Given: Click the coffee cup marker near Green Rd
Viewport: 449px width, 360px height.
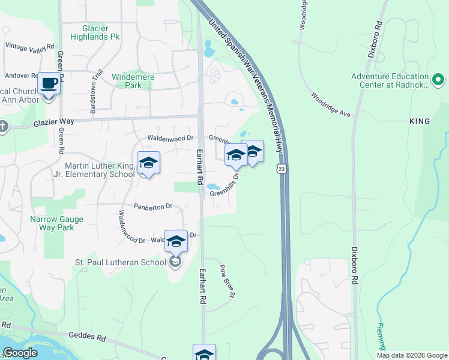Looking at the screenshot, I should (x=49, y=83).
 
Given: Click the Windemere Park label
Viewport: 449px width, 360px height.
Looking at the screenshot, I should (x=133, y=81).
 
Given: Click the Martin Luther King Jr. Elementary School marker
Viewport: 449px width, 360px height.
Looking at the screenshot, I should (x=148, y=163).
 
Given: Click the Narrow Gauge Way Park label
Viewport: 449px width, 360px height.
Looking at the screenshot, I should (x=57, y=223).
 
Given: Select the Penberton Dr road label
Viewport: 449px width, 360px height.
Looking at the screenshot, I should (x=152, y=206).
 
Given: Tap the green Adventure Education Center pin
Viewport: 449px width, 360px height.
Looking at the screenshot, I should (x=438, y=79).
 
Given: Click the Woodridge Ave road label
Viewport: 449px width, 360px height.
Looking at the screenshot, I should (x=330, y=105).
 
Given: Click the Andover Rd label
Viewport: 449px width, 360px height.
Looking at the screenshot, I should (x=21, y=76).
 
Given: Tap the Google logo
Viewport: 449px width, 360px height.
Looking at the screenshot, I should (x=20, y=353).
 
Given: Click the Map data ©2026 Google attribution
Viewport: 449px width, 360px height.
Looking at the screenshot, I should (x=411, y=355).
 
